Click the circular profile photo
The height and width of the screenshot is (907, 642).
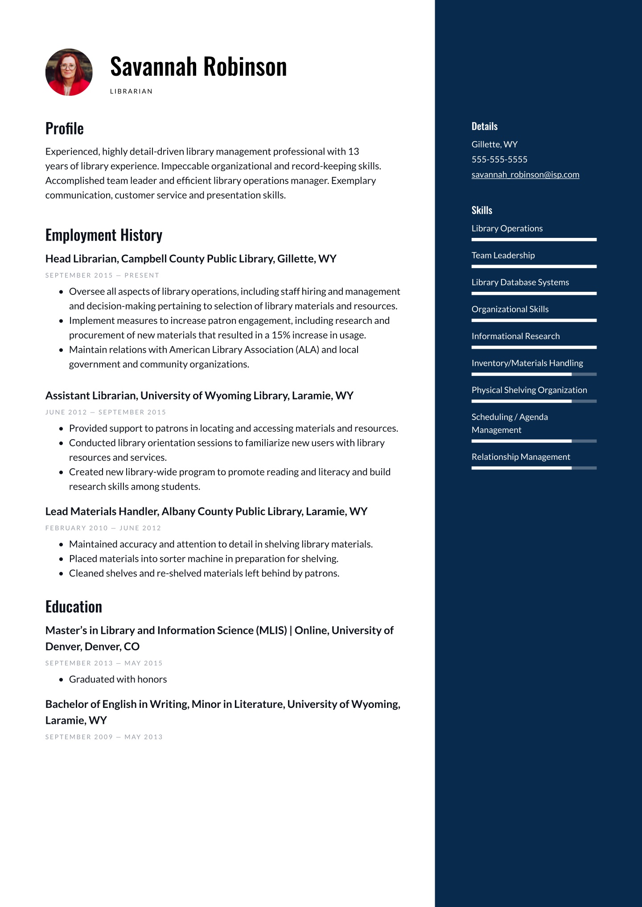click(69, 72)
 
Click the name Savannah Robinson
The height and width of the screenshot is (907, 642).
click(198, 67)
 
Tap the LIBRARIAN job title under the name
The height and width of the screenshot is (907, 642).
click(131, 91)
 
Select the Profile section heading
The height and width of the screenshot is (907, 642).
click(65, 129)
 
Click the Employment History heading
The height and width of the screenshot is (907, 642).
click(104, 235)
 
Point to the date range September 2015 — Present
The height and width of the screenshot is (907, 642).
click(102, 275)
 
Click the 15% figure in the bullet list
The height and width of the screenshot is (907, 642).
click(281, 335)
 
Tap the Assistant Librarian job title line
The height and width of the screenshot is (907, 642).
click(199, 396)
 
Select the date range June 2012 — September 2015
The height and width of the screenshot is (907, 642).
click(106, 412)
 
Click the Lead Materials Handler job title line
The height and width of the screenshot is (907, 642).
click(206, 511)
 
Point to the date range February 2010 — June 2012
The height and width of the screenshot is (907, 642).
click(103, 528)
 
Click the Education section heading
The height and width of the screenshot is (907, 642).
click(74, 607)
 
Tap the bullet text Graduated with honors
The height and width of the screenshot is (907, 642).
click(118, 679)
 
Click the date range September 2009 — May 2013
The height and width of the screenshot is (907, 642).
click(104, 737)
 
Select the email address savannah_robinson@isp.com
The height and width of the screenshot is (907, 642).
click(525, 175)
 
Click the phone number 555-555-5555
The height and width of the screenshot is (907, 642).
click(499, 159)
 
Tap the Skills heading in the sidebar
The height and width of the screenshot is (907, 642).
click(482, 210)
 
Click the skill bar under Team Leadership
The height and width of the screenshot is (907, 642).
click(534, 266)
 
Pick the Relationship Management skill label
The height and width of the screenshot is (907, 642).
click(521, 457)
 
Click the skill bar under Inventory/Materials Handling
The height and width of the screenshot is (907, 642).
click(534, 374)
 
